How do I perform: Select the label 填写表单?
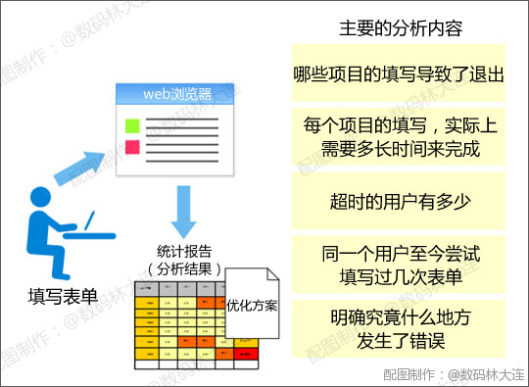tap(63, 295)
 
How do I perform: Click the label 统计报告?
tap(182, 250)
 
